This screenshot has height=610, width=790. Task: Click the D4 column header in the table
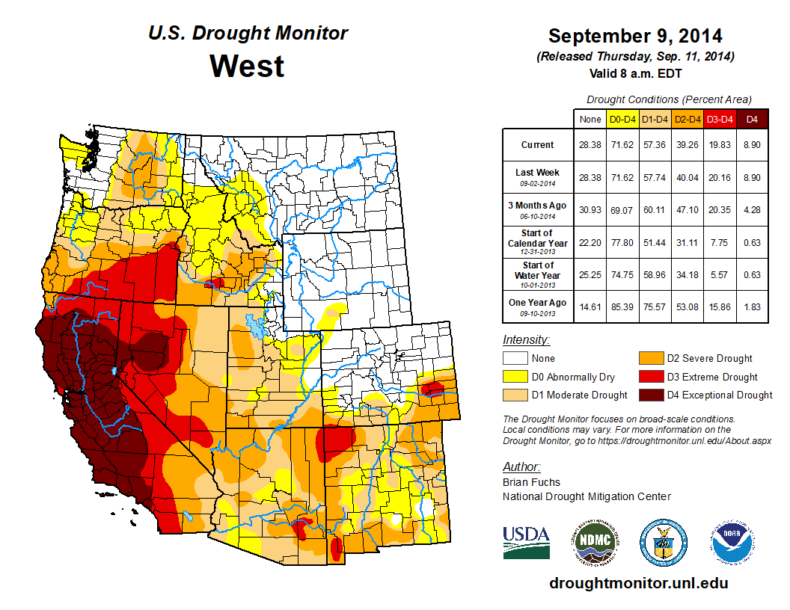click(752, 118)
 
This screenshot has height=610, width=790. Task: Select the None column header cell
click(590, 118)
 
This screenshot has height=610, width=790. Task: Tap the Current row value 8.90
click(752, 145)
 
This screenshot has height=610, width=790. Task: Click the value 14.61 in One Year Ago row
click(590, 304)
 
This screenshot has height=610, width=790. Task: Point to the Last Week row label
click(537, 176)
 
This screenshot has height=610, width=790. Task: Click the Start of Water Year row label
click(537, 274)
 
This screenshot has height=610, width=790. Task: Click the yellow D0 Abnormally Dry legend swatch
click(514, 377)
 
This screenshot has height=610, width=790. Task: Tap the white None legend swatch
click(514, 359)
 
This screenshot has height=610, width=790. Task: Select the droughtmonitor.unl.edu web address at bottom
click(638, 583)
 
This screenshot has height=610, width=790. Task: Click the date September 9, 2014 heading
click(635, 36)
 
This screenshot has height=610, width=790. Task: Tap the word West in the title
click(247, 66)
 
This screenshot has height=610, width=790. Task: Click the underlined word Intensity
click(526, 339)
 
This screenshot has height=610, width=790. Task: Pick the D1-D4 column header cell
click(656, 118)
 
